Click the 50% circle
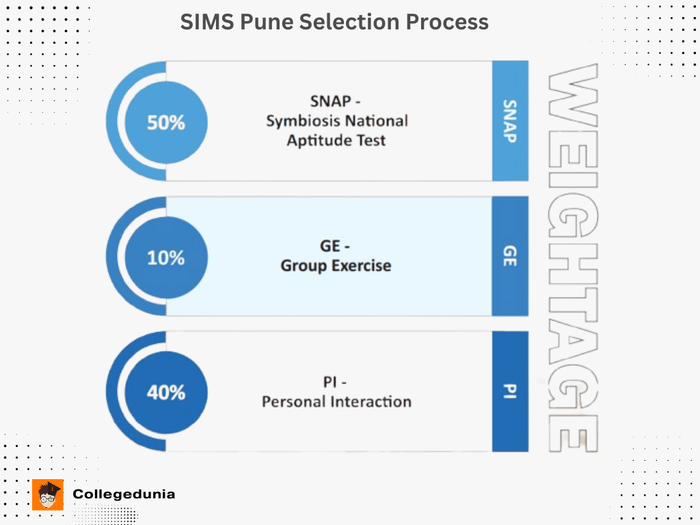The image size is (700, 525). point(166,122)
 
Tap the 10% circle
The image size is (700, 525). point(166,257)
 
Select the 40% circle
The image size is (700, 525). point(166,392)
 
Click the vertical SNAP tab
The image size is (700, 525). point(510,121)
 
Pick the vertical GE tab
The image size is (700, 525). point(510,256)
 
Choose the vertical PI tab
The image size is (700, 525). point(510,391)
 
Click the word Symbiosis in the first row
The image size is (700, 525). point(303,121)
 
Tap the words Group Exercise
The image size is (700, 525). point(335,266)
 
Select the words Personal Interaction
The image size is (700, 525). point(336,401)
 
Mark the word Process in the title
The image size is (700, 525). point(446,22)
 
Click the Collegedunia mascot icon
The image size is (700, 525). point(48,495)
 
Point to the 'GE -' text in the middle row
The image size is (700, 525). point(335,247)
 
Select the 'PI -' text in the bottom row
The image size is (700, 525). point(336,382)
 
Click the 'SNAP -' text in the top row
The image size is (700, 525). point(335,101)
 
